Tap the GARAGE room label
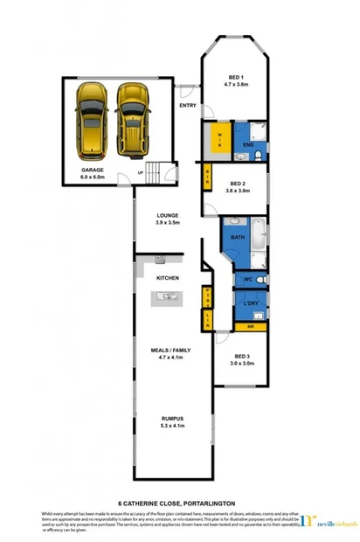tap(93, 171)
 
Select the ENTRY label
tap(187, 106)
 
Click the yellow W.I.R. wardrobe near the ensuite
tap(218, 139)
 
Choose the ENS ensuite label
tap(248, 144)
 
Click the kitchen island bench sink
tap(167, 297)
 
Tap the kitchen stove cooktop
tap(161, 260)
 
